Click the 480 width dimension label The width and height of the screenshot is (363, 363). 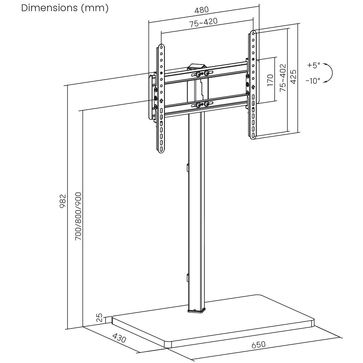tap(201, 10)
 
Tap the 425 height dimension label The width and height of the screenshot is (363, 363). tap(293, 77)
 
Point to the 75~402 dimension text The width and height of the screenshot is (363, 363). tap(283, 78)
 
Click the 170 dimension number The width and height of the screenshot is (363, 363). tap(270, 80)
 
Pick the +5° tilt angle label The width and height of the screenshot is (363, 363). tap(314, 65)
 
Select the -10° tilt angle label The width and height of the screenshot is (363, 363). tap(313, 81)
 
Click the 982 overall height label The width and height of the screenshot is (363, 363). tap(63, 201)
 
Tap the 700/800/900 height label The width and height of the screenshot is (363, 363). tap(78, 216)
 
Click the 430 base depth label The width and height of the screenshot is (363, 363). tap(119, 338)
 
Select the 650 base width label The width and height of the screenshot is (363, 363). tap(258, 345)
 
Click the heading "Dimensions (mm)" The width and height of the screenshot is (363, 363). tap(65, 8)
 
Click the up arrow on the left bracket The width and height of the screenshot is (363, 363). tap(161, 101)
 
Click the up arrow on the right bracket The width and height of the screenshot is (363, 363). tap(253, 87)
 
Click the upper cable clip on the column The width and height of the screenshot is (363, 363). tap(187, 167)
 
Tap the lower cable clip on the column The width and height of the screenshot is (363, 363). tap(187, 278)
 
